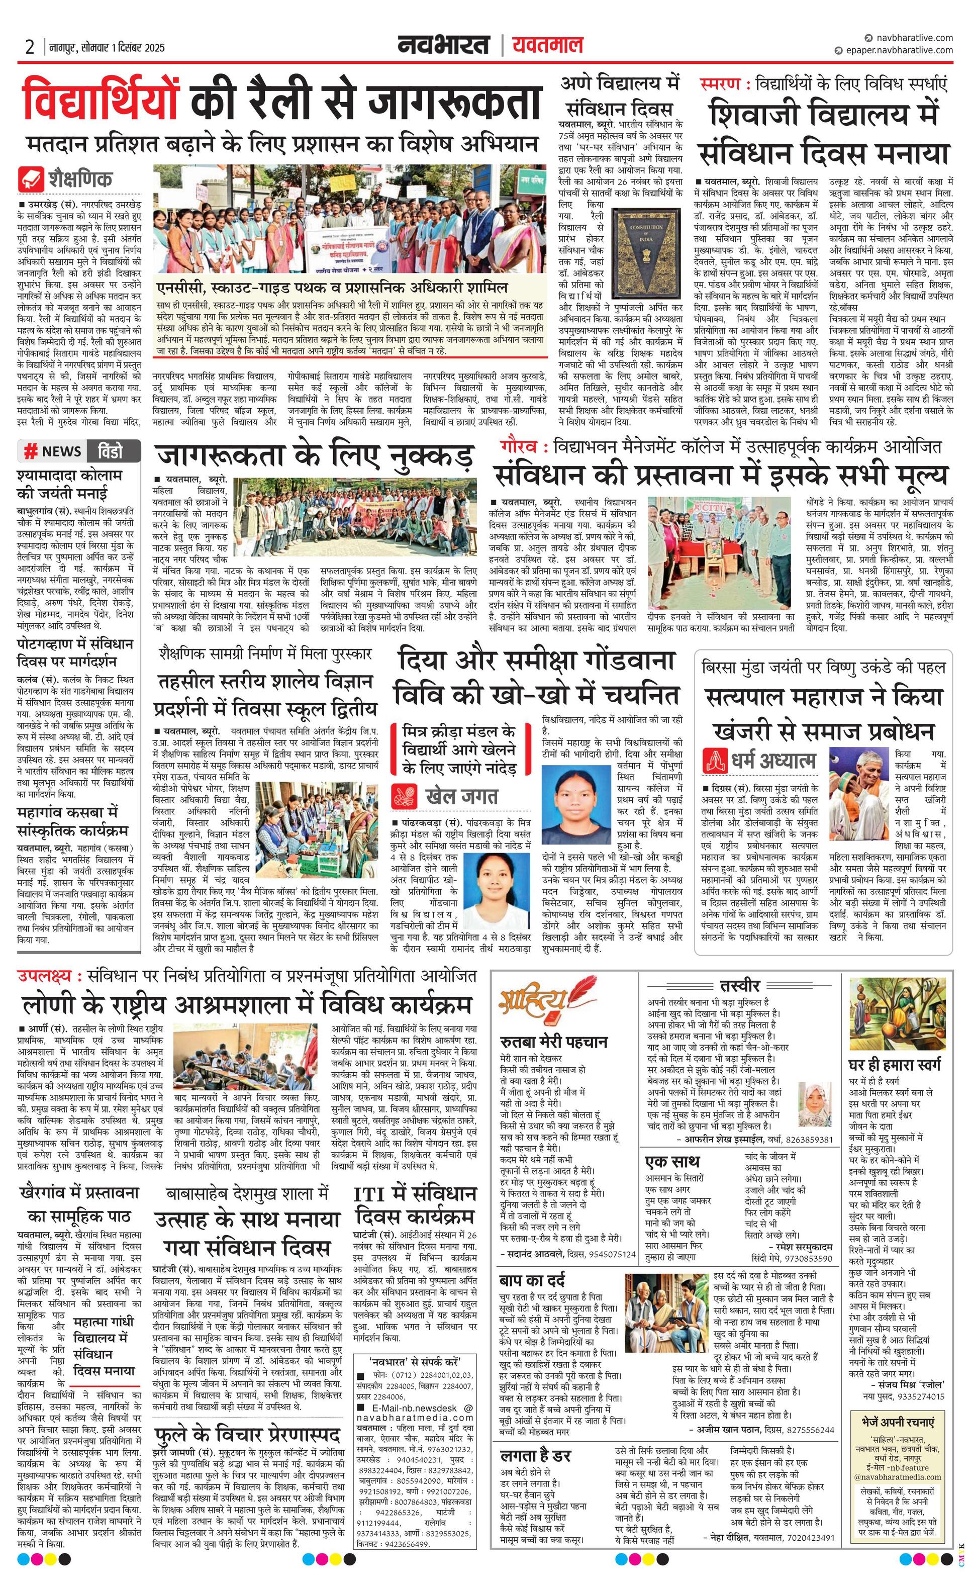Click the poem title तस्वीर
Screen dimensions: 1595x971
point(739,986)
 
